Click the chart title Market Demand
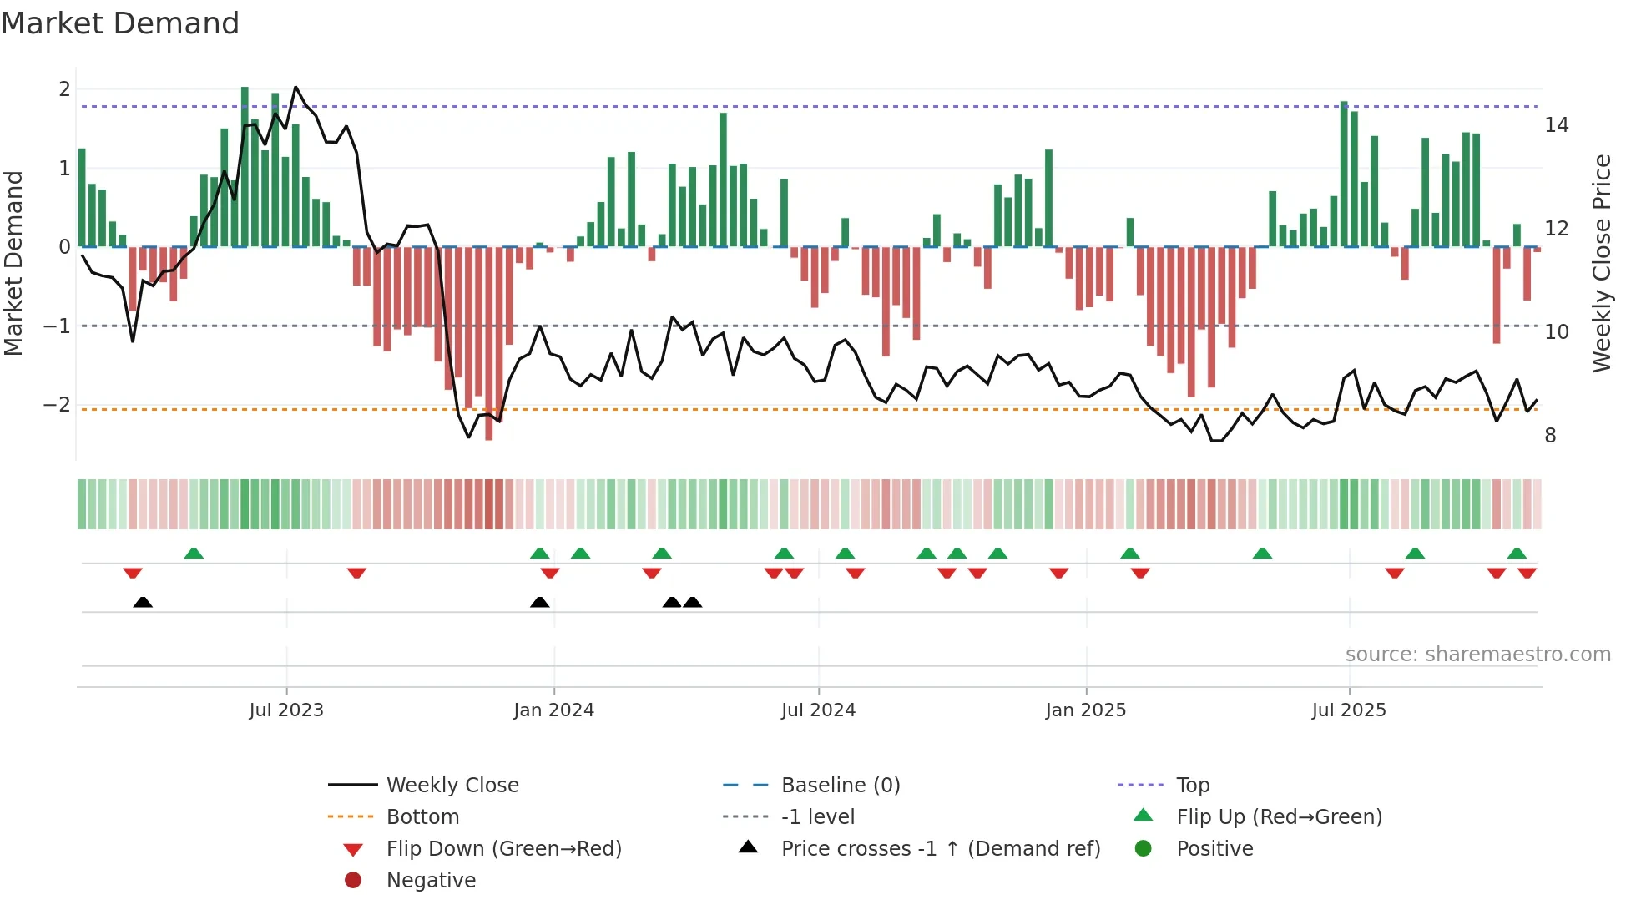pos(120,23)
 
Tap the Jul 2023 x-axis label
pos(285,710)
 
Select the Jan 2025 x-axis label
pos(1085,710)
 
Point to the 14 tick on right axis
pos(1556,125)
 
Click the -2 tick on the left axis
pos(57,405)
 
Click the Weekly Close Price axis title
pos(1601,263)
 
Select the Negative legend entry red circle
pos(353,881)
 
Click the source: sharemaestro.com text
pos(1477,655)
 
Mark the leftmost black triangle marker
pos(143,602)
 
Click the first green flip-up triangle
pos(194,554)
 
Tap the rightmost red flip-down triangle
pos(1527,573)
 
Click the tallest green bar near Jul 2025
pos(1344,167)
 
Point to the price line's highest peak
pos(295,88)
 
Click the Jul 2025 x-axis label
pos(1348,710)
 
